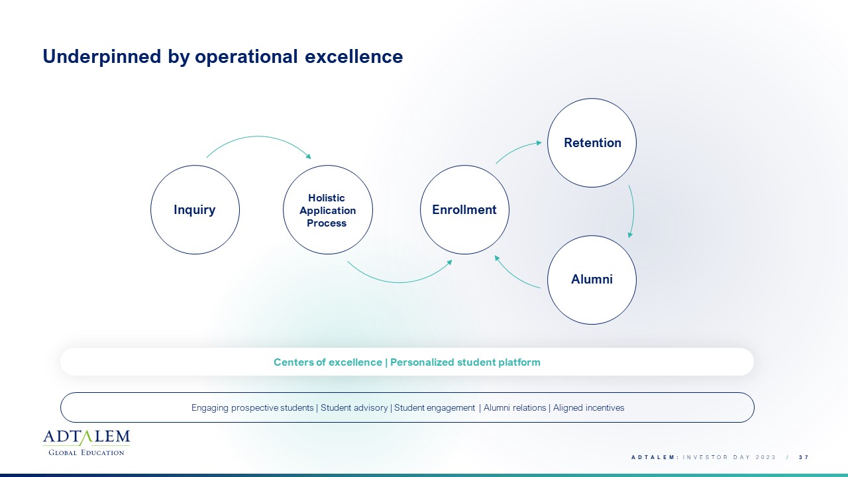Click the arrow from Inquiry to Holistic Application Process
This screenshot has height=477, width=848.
[x=258, y=136]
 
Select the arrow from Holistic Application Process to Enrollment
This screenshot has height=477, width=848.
[x=399, y=282]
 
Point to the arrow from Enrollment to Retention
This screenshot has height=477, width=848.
[x=517, y=149]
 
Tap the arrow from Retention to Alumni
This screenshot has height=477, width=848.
[x=633, y=211]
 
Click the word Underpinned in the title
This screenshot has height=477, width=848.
[x=102, y=57]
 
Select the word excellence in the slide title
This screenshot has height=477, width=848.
[x=354, y=57]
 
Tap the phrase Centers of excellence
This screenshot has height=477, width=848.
[x=328, y=362]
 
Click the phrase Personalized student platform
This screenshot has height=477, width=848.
[x=465, y=362]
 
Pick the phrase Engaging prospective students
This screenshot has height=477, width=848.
[x=252, y=407]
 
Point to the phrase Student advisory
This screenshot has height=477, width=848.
[x=354, y=407]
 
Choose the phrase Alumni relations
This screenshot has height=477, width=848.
[x=515, y=407]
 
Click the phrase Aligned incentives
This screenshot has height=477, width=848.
[x=589, y=407]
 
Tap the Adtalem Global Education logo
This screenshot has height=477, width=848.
[x=86, y=443]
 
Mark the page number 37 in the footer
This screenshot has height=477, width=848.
[x=804, y=457]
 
